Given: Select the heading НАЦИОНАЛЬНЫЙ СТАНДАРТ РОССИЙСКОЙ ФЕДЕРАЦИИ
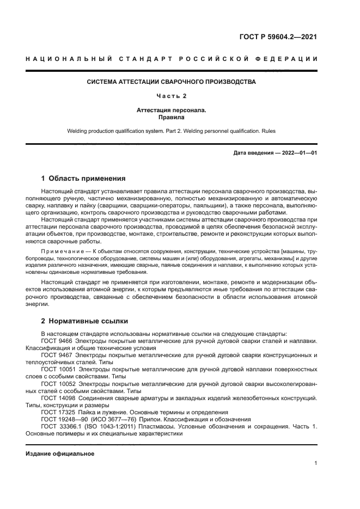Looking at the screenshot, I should (x=172, y=59).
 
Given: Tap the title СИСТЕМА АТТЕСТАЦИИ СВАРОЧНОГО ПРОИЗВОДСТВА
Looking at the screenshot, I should (x=172, y=82).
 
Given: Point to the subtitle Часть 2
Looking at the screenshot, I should (x=172, y=96).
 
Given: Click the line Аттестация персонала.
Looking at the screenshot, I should (x=172, y=110).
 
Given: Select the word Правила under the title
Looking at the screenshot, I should (x=172, y=116).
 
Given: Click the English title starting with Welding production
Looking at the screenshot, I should (x=172, y=131).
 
